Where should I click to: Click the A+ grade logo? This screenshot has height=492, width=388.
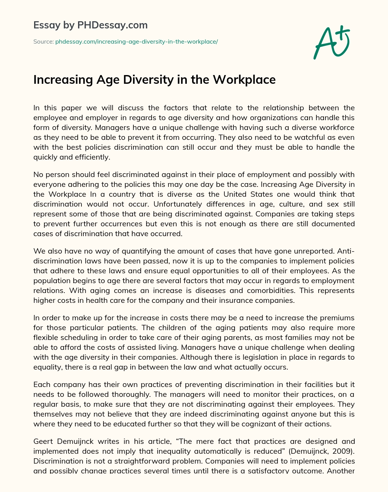coord(332,42)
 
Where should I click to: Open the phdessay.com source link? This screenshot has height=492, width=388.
coord(136,42)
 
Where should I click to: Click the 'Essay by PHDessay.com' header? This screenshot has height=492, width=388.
coord(91,25)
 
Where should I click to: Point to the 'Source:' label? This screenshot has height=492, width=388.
coord(43,42)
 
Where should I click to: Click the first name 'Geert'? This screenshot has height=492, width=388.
coord(43,441)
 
